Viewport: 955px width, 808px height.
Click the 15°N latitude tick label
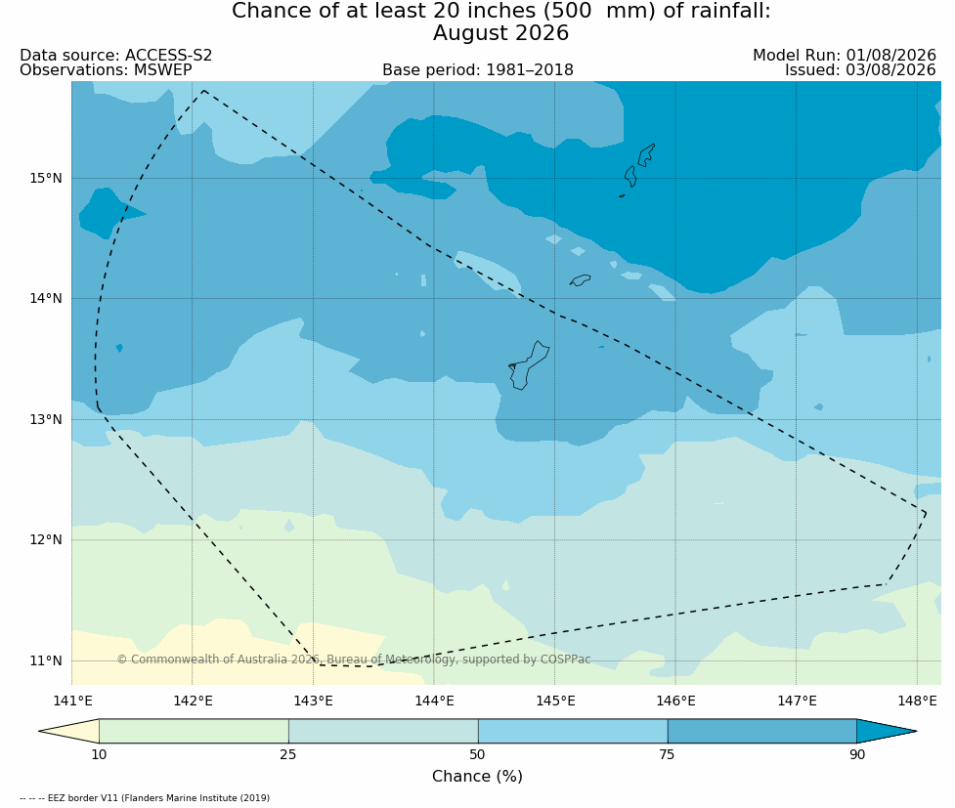pyautogui.click(x=46, y=179)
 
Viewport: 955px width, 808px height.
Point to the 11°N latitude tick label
pyautogui.click(x=46, y=660)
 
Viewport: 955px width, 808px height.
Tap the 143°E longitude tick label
pyautogui.click(x=313, y=701)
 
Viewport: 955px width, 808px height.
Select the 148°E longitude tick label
pyautogui.click(x=917, y=701)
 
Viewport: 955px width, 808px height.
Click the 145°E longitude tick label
pyautogui.click(x=555, y=701)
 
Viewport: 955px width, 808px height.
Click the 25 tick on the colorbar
pyautogui.click(x=288, y=755)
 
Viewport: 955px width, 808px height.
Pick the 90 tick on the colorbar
pyautogui.click(x=857, y=755)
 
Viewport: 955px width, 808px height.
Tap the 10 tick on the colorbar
pyautogui.click(x=99, y=755)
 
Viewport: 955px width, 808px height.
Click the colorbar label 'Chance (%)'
pyautogui.click(x=477, y=777)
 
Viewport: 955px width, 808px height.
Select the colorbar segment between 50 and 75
pyautogui.click(x=573, y=731)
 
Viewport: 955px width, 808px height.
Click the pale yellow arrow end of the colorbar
pyautogui.click(x=68, y=731)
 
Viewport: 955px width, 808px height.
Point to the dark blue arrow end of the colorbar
pyautogui.click(x=887, y=731)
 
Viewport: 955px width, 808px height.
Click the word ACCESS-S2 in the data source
pyautogui.click(x=169, y=56)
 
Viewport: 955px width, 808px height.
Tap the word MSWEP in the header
pyautogui.click(x=162, y=70)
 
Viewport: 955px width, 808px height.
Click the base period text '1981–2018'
pyautogui.click(x=529, y=70)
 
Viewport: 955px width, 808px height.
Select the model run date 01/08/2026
pyautogui.click(x=890, y=56)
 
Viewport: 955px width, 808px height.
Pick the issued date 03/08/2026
pyautogui.click(x=890, y=70)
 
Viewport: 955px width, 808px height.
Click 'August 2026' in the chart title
pyautogui.click(x=500, y=33)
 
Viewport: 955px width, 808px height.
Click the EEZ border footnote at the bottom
pyautogui.click(x=145, y=797)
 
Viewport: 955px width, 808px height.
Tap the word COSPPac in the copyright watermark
pyautogui.click(x=565, y=659)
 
